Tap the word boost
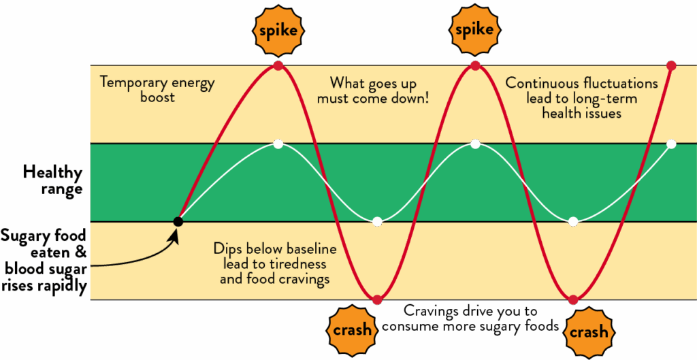coord(158,97)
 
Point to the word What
coord(344,83)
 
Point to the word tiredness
coord(297,264)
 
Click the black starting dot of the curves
coord(178,221)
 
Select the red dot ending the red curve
coord(671,66)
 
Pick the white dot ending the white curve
coord(671,144)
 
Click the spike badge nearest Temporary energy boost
coord(278,31)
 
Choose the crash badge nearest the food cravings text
coord(353,331)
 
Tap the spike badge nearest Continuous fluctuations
coord(474,31)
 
